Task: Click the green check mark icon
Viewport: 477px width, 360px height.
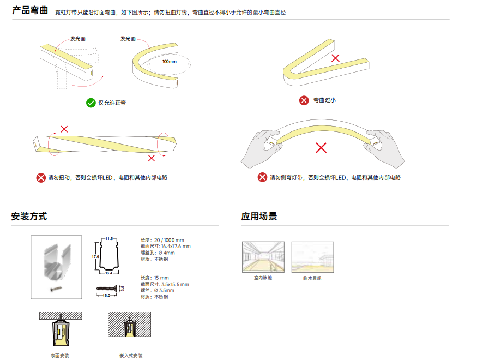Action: tap(90, 103)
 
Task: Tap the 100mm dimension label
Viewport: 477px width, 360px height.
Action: tap(170, 62)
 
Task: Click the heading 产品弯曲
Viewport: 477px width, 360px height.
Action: tap(30, 10)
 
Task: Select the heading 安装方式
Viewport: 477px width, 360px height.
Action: tap(29, 217)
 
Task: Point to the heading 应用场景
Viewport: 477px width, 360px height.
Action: tap(259, 217)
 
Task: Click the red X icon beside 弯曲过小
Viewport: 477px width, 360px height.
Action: tap(304, 100)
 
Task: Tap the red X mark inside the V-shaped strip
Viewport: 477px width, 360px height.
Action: tap(336, 58)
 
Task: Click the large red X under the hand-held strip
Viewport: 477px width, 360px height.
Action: tap(321, 148)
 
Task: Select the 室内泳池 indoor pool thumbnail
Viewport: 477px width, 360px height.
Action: tap(263, 257)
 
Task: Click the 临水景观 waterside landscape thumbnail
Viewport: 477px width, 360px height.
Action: tap(313, 257)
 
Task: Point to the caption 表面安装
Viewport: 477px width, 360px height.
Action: tap(59, 356)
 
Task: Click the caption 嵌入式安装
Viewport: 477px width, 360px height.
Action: tap(131, 356)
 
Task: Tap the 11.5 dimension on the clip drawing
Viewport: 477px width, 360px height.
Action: tap(109, 239)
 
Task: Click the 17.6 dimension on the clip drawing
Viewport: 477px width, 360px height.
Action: tap(95, 256)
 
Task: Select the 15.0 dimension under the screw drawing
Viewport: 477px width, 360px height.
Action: tap(106, 295)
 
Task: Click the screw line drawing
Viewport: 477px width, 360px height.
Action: tap(106, 288)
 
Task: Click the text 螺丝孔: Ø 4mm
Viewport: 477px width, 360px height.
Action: tap(158, 253)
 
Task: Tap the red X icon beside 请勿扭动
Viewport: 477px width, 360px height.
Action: tap(41, 178)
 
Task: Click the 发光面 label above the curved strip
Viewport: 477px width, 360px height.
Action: tap(128, 39)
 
